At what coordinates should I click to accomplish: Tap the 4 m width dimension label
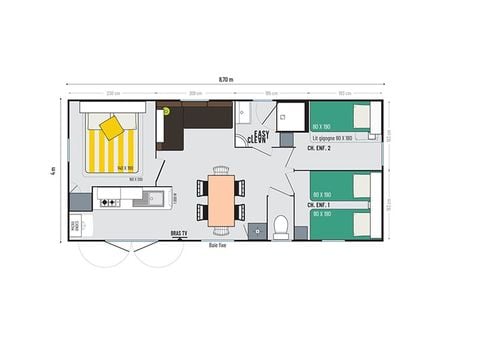click(50, 170)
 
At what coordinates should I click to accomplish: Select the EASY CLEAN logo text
click(260, 137)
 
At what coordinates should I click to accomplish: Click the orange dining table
click(221, 197)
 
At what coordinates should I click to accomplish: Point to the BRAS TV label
click(177, 233)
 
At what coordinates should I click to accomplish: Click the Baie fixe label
click(217, 244)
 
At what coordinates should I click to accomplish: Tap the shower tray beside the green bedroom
click(291, 118)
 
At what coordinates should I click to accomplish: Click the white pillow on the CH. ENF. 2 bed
click(363, 116)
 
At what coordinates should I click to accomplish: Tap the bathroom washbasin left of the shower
click(247, 113)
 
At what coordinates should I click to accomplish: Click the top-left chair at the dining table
click(203, 184)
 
